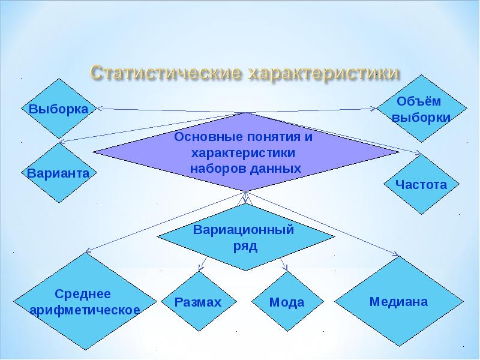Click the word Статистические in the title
click(164, 73)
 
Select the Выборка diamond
click(58, 109)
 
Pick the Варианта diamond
click(58, 173)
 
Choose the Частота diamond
click(421, 184)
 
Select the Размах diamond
click(198, 302)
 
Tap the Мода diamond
click(286, 302)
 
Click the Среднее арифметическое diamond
click(85, 302)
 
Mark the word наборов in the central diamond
click(216, 169)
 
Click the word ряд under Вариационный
click(244, 247)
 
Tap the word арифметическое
click(85, 310)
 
